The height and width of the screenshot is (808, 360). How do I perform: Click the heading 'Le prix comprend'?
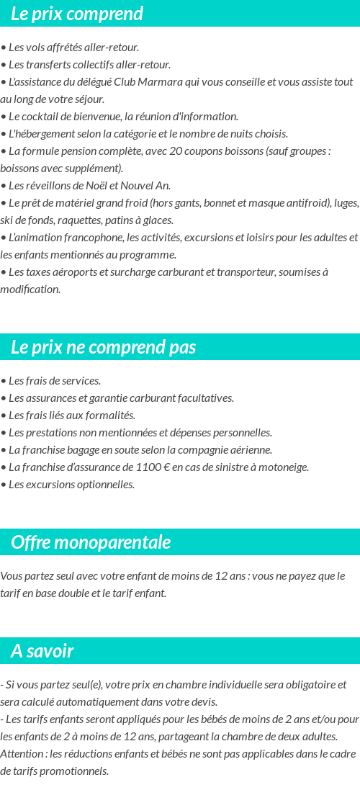pos(77,14)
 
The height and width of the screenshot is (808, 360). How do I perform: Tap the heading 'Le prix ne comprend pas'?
pos(103,347)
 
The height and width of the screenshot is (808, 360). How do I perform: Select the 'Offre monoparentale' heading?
pos(91,542)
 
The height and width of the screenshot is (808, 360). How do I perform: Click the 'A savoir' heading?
pos(42,651)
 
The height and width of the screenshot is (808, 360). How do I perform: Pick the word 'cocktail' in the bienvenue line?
pos(42,117)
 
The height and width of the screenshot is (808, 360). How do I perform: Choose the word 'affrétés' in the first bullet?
pos(66,48)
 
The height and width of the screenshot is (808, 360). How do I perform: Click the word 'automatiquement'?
pos(114,702)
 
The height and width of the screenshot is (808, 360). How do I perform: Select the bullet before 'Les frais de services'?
pos(4,381)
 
